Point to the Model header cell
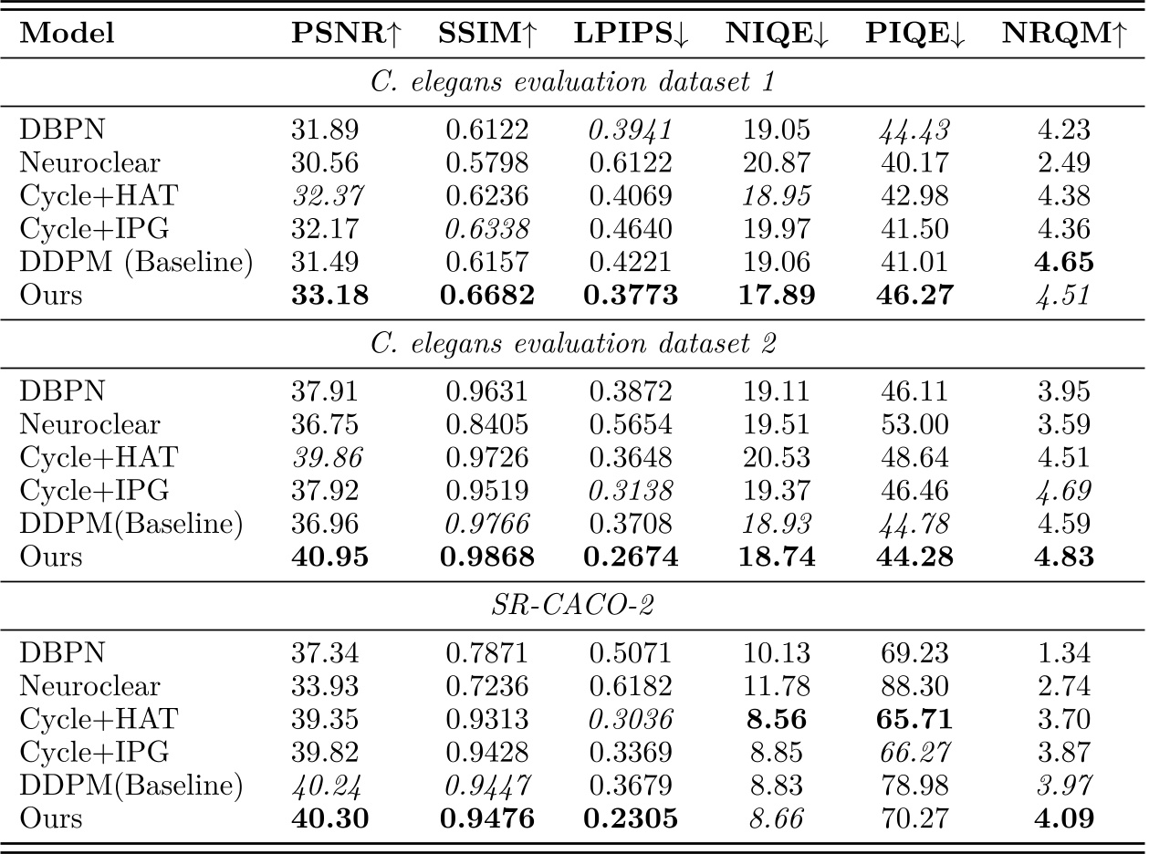click(68, 34)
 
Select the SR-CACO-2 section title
click(573, 606)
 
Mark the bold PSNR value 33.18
click(330, 296)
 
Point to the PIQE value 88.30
click(909, 686)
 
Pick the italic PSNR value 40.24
click(330, 785)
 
